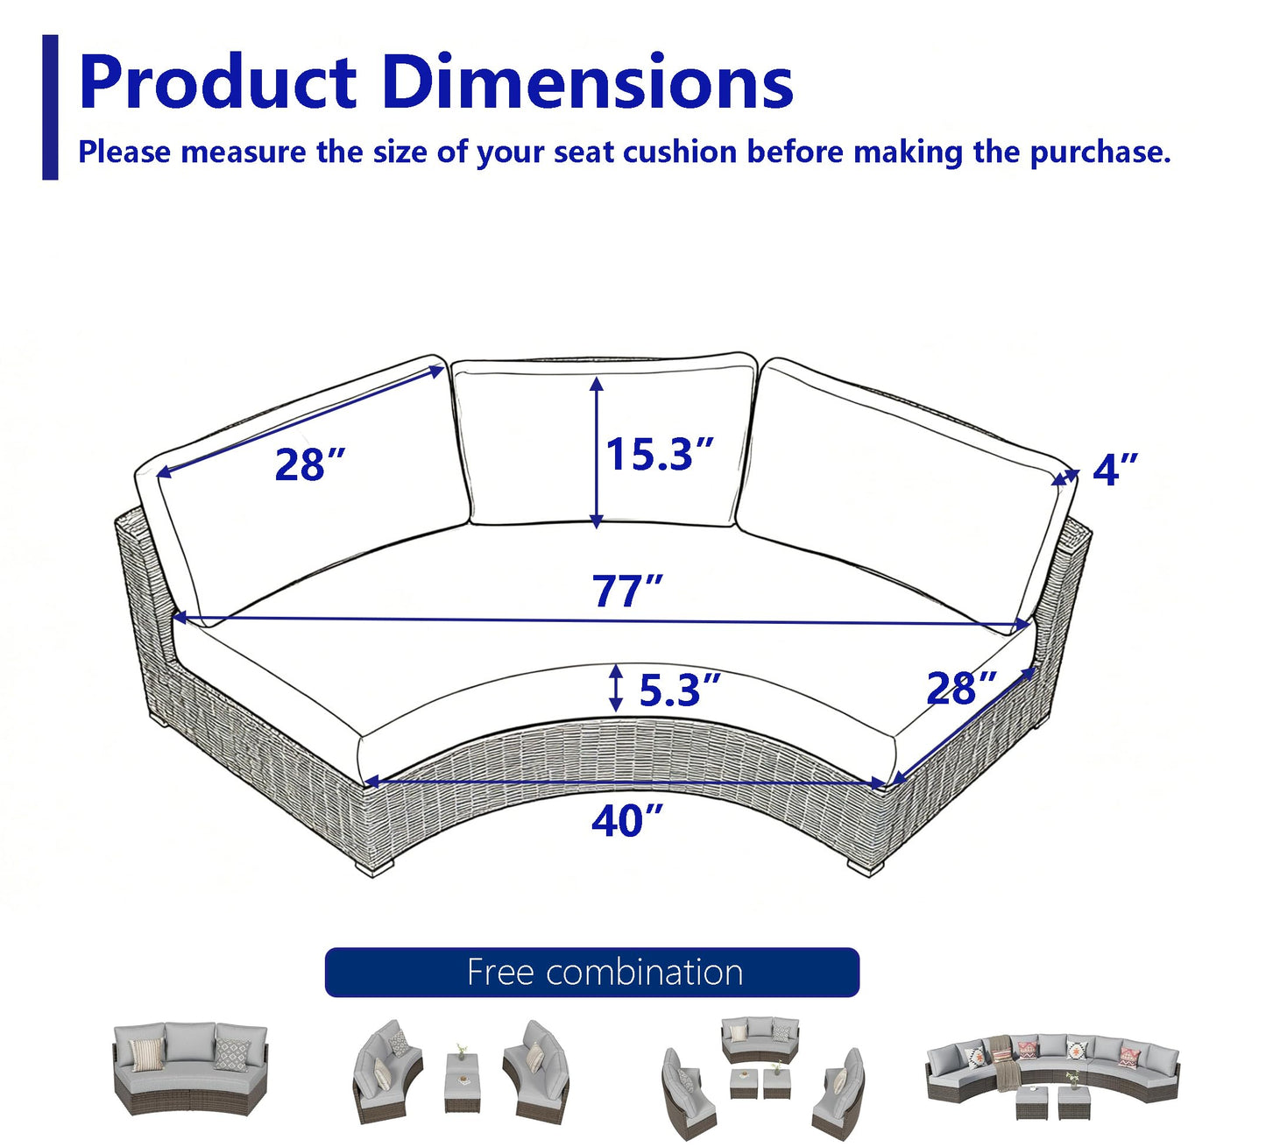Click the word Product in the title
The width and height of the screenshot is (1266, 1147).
218,83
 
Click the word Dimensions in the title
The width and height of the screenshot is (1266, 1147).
588,81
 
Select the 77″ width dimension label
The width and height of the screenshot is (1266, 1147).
627,591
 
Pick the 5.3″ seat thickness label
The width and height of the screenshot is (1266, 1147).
679,689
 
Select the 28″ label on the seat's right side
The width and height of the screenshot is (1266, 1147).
961,688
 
